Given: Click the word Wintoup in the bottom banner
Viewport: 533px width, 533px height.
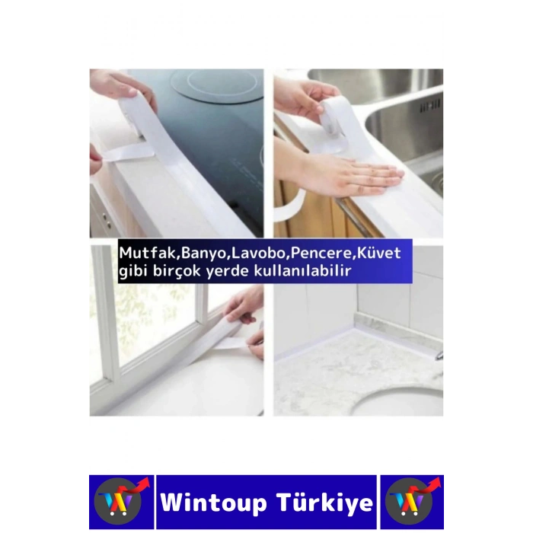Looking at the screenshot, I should pos(214,503).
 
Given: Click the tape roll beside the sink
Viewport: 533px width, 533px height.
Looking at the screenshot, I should pos(336,114).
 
